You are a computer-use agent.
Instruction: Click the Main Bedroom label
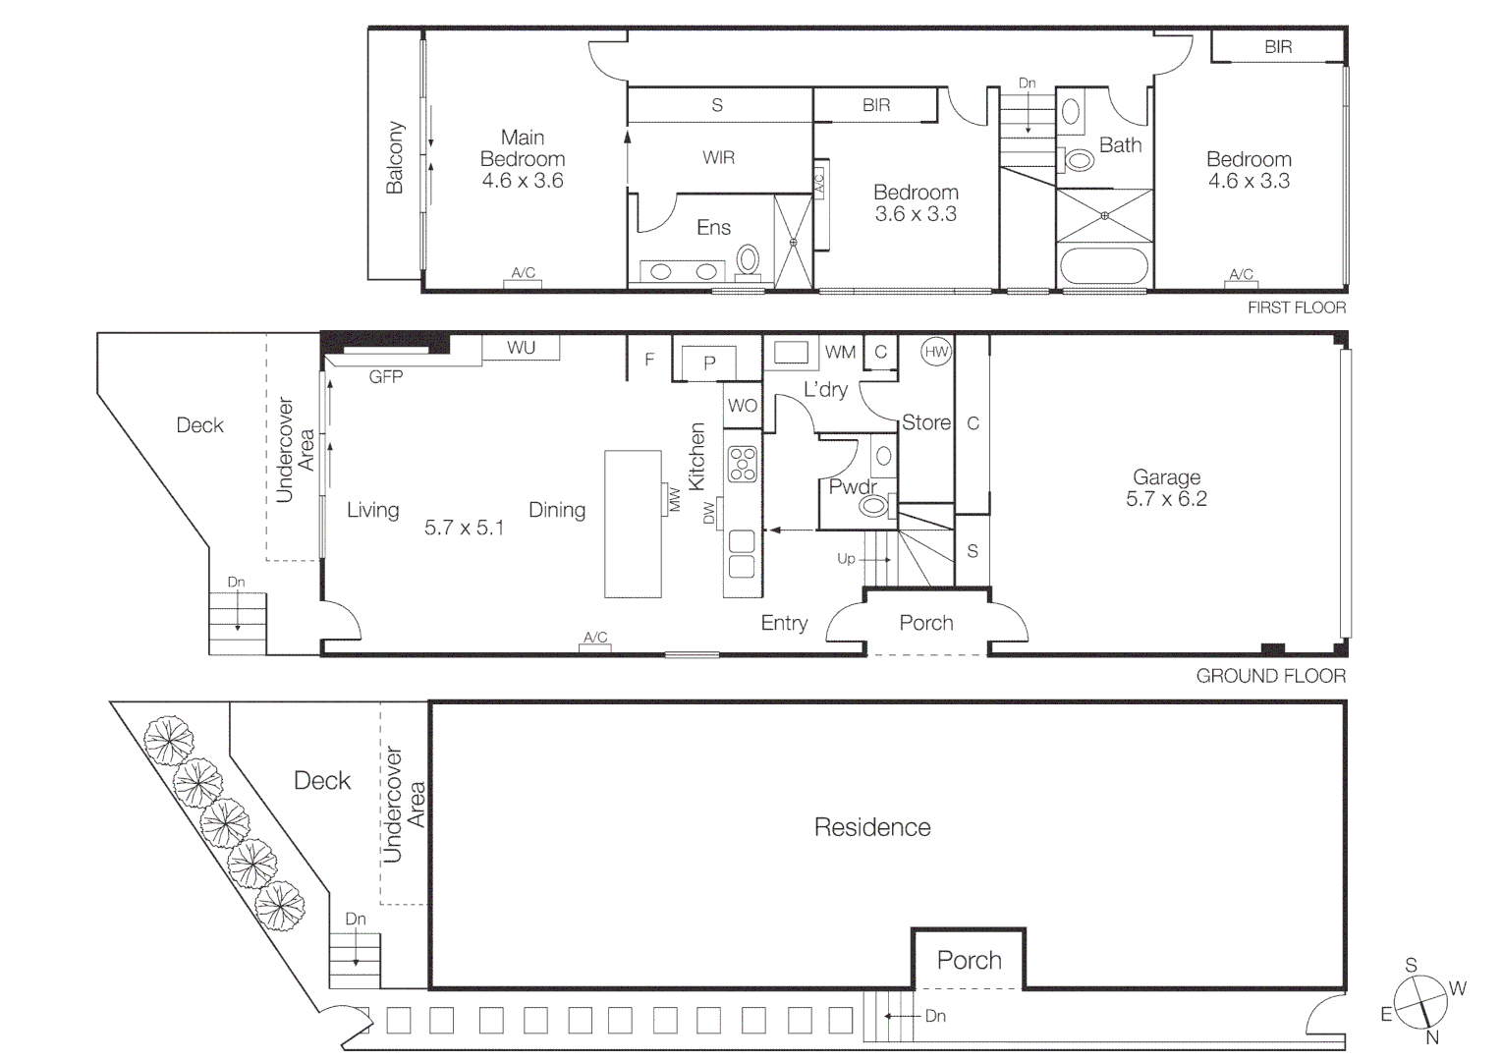pos(522,148)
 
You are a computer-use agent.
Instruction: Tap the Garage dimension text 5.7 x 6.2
pos(1166,499)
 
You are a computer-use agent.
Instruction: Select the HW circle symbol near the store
pos(936,352)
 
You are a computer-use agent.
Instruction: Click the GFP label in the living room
pos(385,377)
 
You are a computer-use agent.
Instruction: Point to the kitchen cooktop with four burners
pos(743,464)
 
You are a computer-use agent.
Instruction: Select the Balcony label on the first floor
pos(395,157)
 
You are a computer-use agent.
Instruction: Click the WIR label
pos(718,157)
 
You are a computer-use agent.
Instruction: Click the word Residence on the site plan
pos(871,827)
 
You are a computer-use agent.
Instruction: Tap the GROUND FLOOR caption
pos(1270,676)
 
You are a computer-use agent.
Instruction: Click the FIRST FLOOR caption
pos(1296,307)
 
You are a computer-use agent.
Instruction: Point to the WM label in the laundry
pos(840,352)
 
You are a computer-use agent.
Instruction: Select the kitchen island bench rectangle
pos(633,524)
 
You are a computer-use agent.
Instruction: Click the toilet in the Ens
pos(749,259)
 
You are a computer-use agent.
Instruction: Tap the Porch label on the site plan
pos(969,960)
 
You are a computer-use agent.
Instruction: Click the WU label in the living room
pos(521,348)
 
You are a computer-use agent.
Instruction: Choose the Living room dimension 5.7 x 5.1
pos(464,528)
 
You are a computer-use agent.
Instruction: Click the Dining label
pos(557,510)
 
